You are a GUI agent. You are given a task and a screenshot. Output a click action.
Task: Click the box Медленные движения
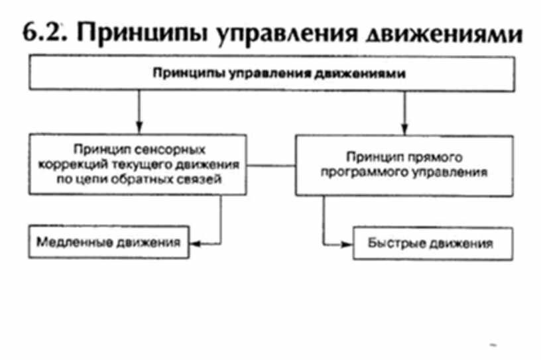pos(109,242)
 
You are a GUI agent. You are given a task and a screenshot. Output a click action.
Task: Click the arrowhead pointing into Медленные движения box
pos(194,243)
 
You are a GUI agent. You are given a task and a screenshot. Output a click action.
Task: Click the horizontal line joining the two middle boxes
pos(272,164)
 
